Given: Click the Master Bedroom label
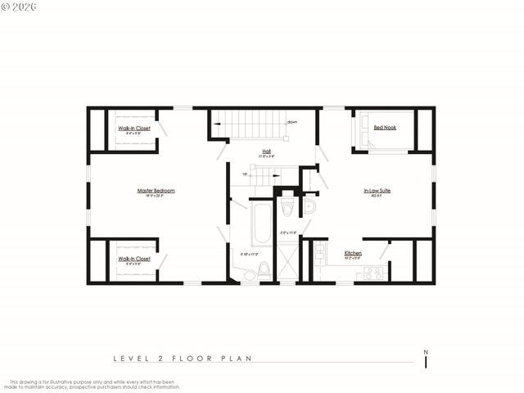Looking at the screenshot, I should tap(156, 191).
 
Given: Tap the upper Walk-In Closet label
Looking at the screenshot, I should tap(134, 129).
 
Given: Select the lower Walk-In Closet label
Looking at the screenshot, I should tap(134, 259).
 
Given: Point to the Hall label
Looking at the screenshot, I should tap(267, 151).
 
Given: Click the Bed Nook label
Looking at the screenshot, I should tap(384, 128).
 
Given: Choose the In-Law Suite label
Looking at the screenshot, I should tap(377, 191).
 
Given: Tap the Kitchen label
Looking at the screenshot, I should tap(353, 253).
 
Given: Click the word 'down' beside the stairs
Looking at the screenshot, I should tap(291, 122).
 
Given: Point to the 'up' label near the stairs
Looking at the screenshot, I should tap(244, 174).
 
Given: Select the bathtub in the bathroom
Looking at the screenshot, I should tap(261, 223).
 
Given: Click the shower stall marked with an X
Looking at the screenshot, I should tap(287, 263).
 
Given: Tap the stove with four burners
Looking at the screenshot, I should tap(374, 273).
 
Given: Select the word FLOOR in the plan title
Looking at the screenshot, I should tap(195, 358).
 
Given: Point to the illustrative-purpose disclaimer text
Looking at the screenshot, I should tap(94, 383).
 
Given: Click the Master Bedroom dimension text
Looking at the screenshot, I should tap(156, 196).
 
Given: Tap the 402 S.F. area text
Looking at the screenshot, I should tap(377, 196).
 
